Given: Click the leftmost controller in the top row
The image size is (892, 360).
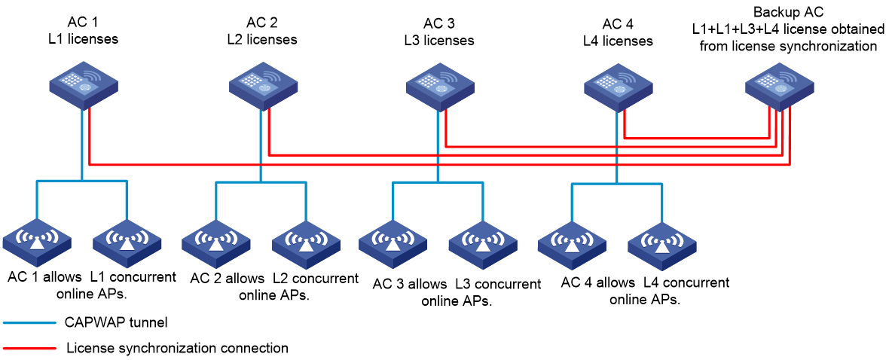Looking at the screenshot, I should pyautogui.click(x=83, y=85).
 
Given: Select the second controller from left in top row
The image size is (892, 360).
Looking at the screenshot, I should pyautogui.click(x=263, y=86).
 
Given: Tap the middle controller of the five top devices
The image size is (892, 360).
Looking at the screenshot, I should pyautogui.click(x=440, y=87).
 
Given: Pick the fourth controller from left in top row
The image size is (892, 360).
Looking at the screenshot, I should pyautogui.click(x=618, y=87).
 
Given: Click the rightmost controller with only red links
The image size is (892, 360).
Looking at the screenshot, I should pyautogui.click(x=779, y=87).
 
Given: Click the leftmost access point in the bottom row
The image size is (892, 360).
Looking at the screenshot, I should pyautogui.click(x=37, y=243).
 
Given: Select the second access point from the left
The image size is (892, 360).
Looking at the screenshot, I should pyautogui.click(x=127, y=243).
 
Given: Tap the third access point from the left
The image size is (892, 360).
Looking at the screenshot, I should pyautogui.click(x=216, y=244).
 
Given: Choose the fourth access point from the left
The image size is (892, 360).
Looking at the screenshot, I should pyautogui.click(x=306, y=245).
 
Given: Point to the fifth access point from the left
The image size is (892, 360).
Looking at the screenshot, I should pyautogui.click(x=393, y=244).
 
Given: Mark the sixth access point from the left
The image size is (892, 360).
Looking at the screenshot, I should pyautogui.click(x=483, y=245).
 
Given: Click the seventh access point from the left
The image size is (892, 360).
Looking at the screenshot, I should pyautogui.click(x=572, y=246).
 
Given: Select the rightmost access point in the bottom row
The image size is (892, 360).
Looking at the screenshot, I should pyautogui.click(x=661, y=246).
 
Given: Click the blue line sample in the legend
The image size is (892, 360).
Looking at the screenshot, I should pyautogui.click(x=29, y=323).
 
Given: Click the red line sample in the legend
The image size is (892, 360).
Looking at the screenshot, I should pyautogui.click(x=29, y=349).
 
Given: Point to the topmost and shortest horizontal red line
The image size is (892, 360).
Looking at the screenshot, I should pyautogui.click(x=697, y=139).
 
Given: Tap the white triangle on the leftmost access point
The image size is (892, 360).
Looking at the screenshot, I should pyautogui.click(x=37, y=244).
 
